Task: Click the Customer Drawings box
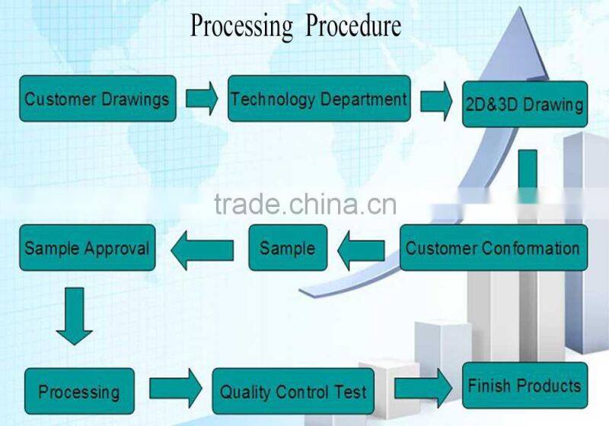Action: [x=97, y=99]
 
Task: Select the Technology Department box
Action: [x=319, y=99]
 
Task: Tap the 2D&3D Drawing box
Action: [x=525, y=104]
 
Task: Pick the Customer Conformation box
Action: [x=493, y=248]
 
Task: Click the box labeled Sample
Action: [x=288, y=248]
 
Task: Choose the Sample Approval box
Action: [x=87, y=248]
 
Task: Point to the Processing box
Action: [x=79, y=392]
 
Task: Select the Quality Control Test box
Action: [x=293, y=392]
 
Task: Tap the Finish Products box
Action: [x=525, y=386]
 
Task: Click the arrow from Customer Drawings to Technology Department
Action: [x=202, y=99]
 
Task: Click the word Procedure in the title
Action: [x=352, y=27]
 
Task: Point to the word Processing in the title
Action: [x=241, y=27]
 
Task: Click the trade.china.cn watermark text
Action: [x=305, y=204]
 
